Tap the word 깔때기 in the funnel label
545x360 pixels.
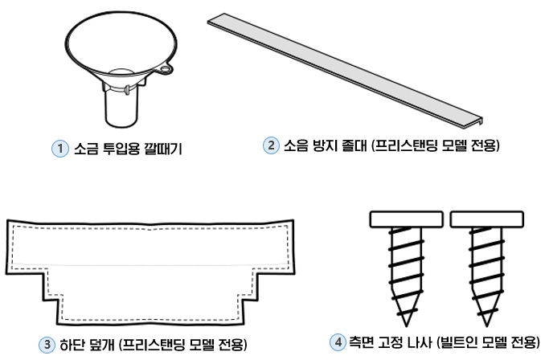(164, 149)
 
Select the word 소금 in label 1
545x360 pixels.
(84, 149)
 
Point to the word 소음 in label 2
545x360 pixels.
(297, 146)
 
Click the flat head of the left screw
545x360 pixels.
(406, 218)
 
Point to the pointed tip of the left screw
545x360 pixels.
(407, 319)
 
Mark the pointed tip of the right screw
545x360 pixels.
(489, 319)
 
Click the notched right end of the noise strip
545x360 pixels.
(481, 120)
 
